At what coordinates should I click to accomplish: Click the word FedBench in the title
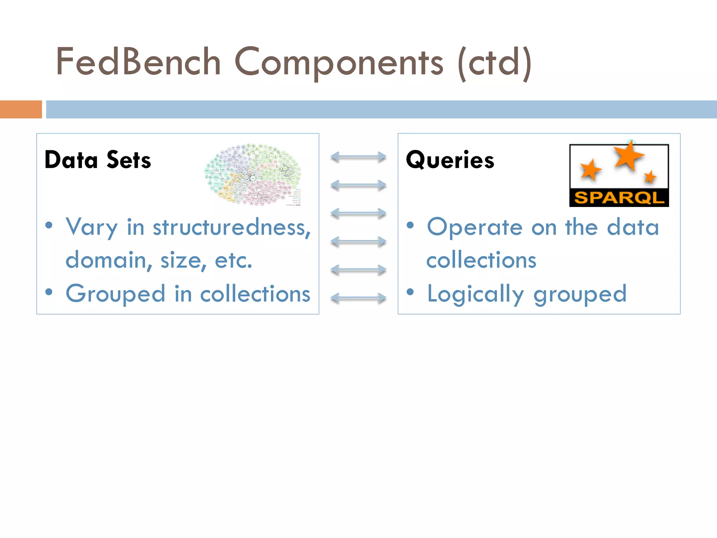point(138,62)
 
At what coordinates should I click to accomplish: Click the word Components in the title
point(339,63)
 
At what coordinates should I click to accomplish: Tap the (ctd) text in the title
point(495,63)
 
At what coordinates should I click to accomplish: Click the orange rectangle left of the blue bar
point(21,109)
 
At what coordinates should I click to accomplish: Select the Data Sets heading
point(98,160)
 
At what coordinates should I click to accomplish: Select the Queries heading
point(450,160)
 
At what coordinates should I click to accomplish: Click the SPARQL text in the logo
point(619,198)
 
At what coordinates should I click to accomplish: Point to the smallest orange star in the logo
point(650,177)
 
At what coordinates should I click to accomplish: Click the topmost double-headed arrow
point(358,157)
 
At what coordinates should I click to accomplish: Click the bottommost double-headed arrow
point(358,298)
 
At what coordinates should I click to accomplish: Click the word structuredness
point(231,228)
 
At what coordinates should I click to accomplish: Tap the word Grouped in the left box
point(115,294)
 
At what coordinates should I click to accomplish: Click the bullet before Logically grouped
point(410,292)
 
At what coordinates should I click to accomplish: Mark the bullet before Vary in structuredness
point(49,225)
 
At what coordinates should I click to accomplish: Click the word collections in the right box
point(481,261)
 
